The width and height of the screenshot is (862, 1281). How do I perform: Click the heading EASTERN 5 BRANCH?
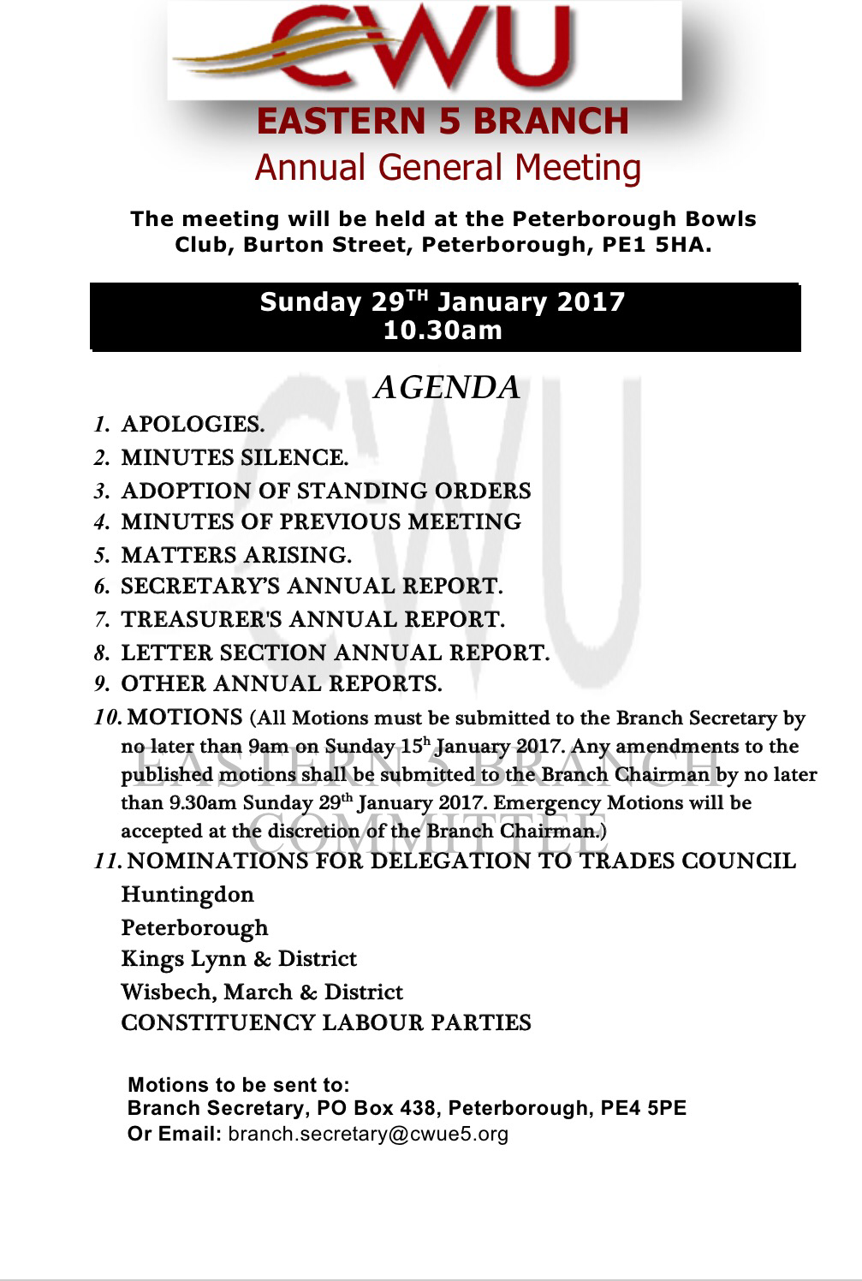point(443,121)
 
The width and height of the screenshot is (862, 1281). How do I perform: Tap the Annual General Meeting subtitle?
point(448,167)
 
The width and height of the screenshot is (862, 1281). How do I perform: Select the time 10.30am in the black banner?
point(443,330)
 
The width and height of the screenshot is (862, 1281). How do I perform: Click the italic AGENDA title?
point(447,388)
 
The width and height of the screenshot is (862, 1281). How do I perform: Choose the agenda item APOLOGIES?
point(193,425)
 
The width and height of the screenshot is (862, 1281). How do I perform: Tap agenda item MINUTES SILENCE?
point(235,458)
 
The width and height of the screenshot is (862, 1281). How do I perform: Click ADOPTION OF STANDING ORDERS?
point(325,491)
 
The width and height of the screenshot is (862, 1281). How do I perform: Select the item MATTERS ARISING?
point(236,556)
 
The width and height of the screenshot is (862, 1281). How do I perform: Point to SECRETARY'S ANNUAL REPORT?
point(312,587)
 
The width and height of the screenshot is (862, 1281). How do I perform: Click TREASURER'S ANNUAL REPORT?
point(312,619)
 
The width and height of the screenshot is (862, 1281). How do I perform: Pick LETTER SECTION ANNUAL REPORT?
point(335,653)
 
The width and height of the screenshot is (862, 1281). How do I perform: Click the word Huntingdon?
point(187,895)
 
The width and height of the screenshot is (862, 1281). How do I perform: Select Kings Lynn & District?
point(239,959)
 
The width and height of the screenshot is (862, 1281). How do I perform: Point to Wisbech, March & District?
point(262,992)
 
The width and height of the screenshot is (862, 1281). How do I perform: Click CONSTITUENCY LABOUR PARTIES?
point(326,1023)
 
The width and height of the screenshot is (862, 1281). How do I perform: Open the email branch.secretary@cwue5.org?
point(369,1135)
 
